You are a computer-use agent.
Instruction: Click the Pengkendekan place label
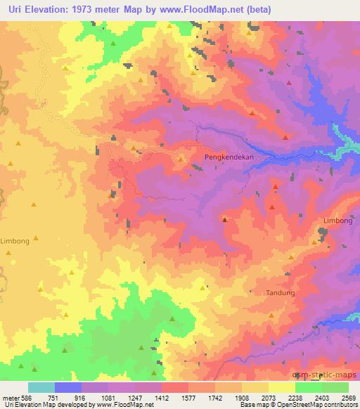[x=229, y=157]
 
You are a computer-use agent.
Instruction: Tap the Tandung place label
[x=280, y=292]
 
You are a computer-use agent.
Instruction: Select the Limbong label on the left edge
[x=15, y=240]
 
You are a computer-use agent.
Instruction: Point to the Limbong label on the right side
[x=337, y=221]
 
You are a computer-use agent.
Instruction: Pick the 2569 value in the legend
[x=348, y=398]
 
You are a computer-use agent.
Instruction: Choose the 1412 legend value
[x=162, y=398]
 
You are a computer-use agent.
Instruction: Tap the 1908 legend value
[x=241, y=398]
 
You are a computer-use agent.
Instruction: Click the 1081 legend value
[x=108, y=398]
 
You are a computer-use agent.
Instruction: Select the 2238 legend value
[x=295, y=398]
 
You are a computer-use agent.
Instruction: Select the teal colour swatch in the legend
[x=41, y=387]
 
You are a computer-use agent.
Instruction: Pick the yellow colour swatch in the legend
[x=281, y=387]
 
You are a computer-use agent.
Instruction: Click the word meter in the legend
[x=10, y=398]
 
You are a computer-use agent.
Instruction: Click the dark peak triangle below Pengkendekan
[x=224, y=220]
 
